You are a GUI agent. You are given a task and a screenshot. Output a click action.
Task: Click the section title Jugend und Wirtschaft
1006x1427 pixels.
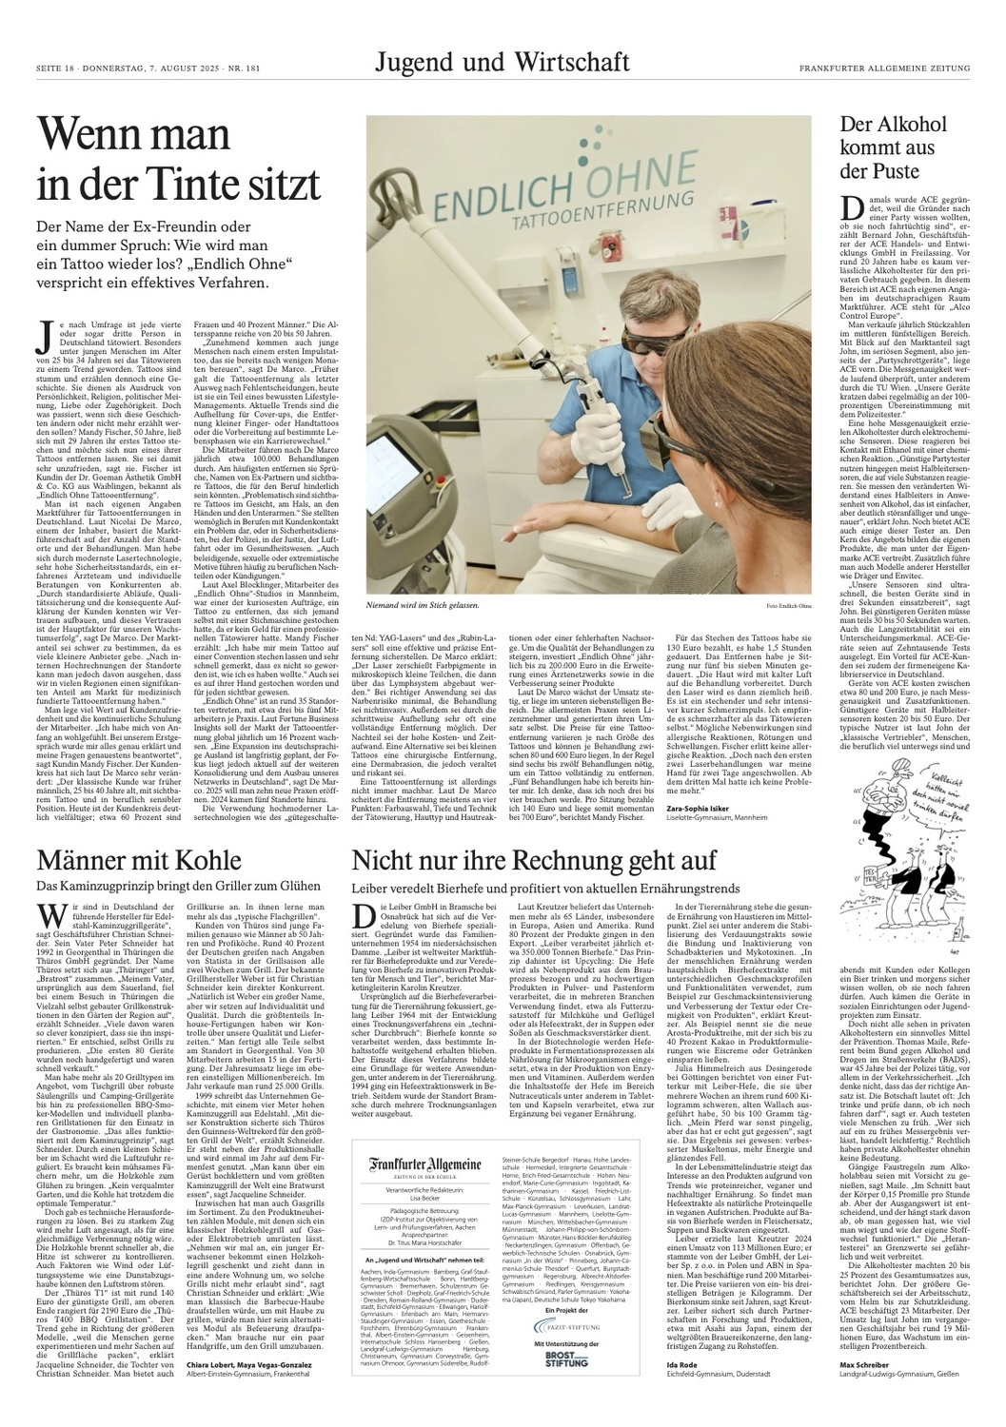click(502, 63)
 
